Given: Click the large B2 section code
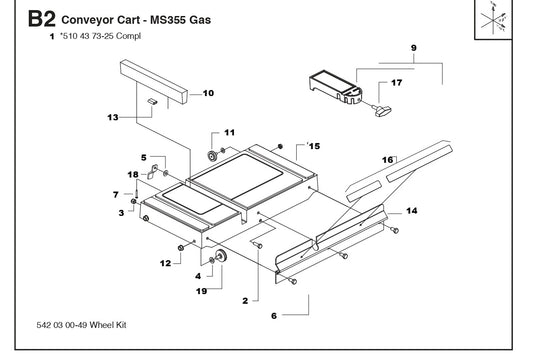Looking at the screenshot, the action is (x=41, y=19).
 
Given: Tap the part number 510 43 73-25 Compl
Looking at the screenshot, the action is (x=100, y=36).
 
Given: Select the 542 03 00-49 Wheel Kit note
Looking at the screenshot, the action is (x=81, y=325).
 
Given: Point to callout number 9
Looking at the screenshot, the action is (x=413, y=48).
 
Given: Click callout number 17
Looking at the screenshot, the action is (x=397, y=83).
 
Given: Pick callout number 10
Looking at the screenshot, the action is (x=208, y=93).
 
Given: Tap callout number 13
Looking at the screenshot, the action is (x=113, y=117).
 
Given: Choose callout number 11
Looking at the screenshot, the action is (x=230, y=133).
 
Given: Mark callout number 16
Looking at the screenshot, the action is (x=388, y=160).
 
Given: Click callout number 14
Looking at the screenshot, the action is (x=412, y=211).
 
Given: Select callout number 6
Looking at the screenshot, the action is (x=274, y=316).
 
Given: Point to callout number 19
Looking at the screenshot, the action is (x=202, y=291).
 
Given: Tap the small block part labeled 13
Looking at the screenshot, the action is (x=152, y=101).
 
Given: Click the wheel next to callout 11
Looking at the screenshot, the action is (x=213, y=156).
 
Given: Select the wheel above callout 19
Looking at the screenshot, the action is (x=222, y=256).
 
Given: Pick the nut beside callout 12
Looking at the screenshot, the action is (x=181, y=248).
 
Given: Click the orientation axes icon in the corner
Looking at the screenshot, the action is (x=493, y=19).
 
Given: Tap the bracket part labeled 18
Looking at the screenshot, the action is (x=153, y=171).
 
